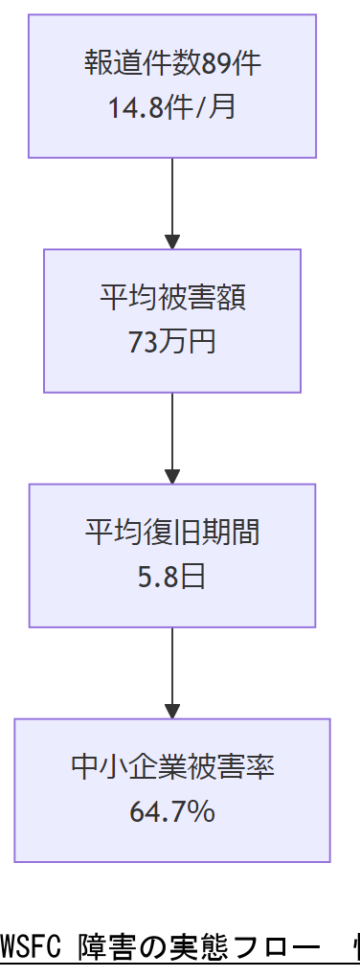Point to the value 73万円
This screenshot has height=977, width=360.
pyautogui.click(x=172, y=341)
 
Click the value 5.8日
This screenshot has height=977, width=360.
pyautogui.click(x=172, y=576)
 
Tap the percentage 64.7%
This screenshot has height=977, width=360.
pyautogui.click(x=172, y=811)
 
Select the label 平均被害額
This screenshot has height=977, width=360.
pyautogui.click(x=172, y=298)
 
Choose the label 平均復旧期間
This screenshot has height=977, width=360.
pyautogui.click(x=172, y=533)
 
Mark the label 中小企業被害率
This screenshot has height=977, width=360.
pyautogui.click(x=172, y=767)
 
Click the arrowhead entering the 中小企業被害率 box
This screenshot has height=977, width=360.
pyautogui.click(x=172, y=711)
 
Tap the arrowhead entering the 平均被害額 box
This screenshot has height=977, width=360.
pyautogui.click(x=172, y=241)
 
